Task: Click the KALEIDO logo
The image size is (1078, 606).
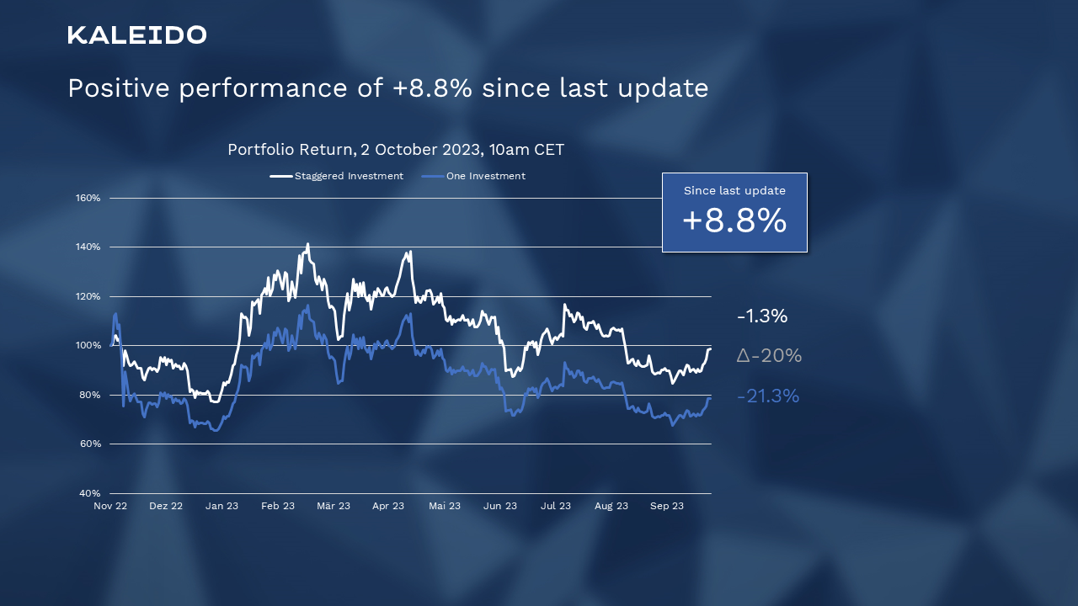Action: point(137,35)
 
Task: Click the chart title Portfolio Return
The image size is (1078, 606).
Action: point(396,150)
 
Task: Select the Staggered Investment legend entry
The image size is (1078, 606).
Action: point(337,176)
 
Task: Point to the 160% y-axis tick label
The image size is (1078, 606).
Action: point(88,198)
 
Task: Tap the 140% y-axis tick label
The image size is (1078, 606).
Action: point(88,247)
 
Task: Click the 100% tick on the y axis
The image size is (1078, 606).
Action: point(88,346)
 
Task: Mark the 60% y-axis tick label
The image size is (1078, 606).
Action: point(89,444)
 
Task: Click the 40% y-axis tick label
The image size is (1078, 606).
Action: point(89,493)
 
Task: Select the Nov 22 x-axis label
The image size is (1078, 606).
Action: point(110,507)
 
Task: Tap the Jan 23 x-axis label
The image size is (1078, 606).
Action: point(221,507)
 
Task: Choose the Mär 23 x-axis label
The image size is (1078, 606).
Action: point(334,507)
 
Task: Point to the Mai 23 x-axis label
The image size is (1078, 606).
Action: point(445,507)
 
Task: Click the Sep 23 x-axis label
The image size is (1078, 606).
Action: point(667,507)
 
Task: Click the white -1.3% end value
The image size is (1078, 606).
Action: point(762,316)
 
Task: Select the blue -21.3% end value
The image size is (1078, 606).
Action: point(767,396)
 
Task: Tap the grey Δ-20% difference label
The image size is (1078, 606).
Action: point(769,356)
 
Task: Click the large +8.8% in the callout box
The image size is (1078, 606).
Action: point(734,221)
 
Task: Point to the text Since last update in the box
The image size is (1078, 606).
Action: point(734,191)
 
